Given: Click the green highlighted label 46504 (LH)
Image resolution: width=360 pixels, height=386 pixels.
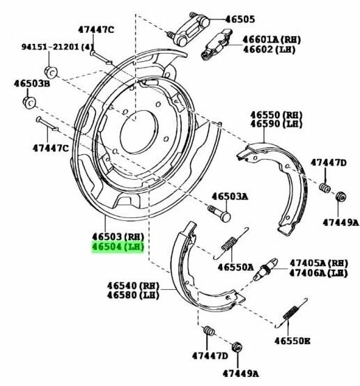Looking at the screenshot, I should pos(117,246).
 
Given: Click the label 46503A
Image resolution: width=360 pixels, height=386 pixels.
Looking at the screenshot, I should pos(229,196).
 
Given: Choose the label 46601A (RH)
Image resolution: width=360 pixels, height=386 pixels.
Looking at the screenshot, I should pos(269,40).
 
